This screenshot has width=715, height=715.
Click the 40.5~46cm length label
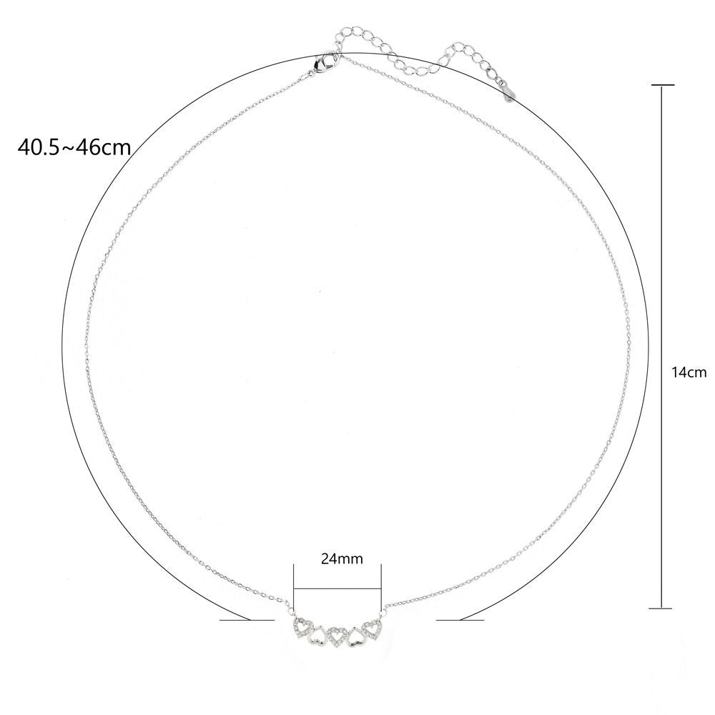(x=75, y=147)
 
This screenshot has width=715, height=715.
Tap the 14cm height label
(x=689, y=372)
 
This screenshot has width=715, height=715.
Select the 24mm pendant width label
(x=342, y=558)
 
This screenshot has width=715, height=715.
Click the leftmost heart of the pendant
(x=302, y=628)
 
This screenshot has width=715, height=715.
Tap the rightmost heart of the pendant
(x=372, y=629)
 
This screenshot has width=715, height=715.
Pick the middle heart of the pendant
(x=337, y=635)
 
